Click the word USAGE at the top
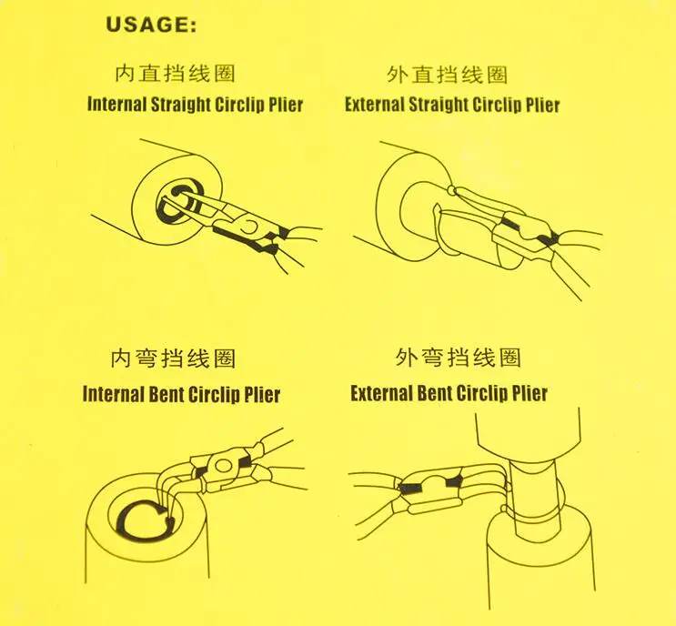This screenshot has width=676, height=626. coord(151,25)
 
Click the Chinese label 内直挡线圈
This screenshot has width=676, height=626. coord(175,74)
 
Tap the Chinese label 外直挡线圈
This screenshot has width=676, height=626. coord(448,75)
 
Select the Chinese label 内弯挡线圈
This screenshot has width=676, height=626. coord(173,358)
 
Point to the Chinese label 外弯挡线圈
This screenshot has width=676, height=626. coord(459,358)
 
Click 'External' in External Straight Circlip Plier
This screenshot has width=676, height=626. coord(374,105)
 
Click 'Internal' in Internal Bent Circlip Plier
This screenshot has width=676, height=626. coord(113,395)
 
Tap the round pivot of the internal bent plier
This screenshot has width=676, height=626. coord(223,466)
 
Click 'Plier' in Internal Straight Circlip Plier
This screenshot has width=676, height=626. coord(286,105)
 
